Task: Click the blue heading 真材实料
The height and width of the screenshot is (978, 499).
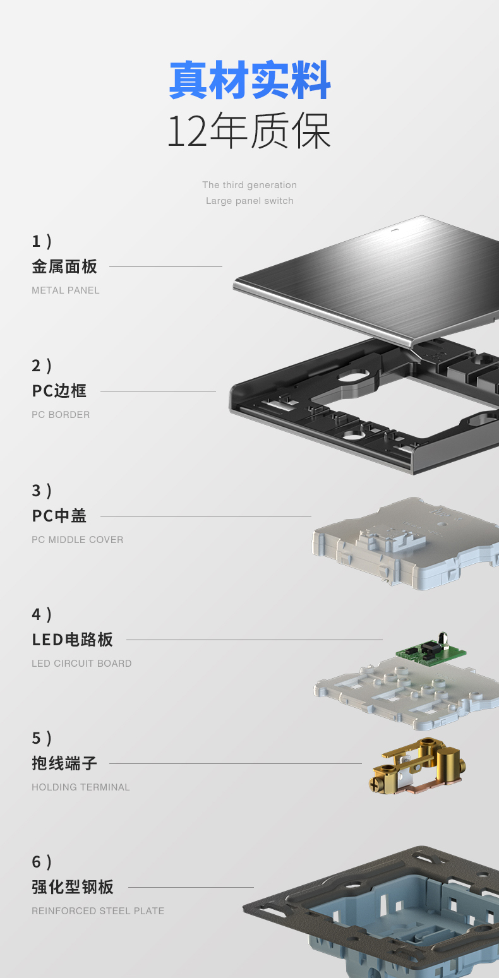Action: coord(249,81)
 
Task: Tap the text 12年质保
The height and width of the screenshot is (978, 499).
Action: coord(249,131)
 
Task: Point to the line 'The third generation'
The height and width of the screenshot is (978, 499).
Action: coord(249,185)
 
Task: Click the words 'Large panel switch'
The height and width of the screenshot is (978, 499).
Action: coord(249,201)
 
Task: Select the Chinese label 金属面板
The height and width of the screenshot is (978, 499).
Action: coord(64,266)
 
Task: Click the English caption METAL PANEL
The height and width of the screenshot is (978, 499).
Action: coord(66,290)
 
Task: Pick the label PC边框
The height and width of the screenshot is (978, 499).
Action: coord(59,391)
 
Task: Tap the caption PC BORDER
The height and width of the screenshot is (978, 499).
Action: coord(61,415)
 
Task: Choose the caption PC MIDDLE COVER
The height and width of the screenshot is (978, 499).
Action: coord(78,540)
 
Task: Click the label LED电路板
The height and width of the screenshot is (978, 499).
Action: coord(73,640)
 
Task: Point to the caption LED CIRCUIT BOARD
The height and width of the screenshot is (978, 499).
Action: coord(81,664)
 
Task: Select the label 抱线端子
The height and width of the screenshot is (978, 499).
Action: coord(64,763)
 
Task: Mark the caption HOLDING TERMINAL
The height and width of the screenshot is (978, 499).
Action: coord(81,787)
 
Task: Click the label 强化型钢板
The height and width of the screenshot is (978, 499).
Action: coord(73,887)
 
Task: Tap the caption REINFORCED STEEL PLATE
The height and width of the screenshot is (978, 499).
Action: coord(98,911)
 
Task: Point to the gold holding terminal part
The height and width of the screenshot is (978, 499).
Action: coord(417,765)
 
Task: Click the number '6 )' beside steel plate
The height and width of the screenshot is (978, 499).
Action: coord(42,862)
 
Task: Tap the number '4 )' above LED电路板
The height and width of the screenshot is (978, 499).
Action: coord(42,614)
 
